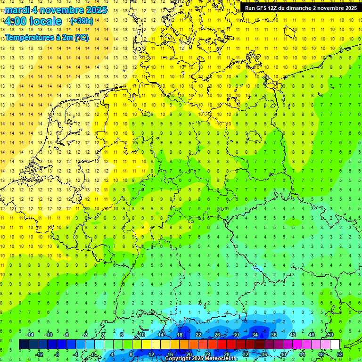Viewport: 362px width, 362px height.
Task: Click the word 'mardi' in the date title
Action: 17,10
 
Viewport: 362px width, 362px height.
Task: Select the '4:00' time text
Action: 15,21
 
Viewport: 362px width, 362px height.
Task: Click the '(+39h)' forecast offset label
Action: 82,21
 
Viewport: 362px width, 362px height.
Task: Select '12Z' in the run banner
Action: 276,8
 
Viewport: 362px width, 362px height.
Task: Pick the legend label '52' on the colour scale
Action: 339,354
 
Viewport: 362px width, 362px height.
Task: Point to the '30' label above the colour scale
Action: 236,335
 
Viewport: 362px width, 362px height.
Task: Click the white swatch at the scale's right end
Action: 335,344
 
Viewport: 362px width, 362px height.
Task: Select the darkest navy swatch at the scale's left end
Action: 24,344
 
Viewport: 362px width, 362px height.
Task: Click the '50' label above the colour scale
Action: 330,335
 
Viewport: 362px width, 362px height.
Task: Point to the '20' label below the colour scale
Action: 189,354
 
